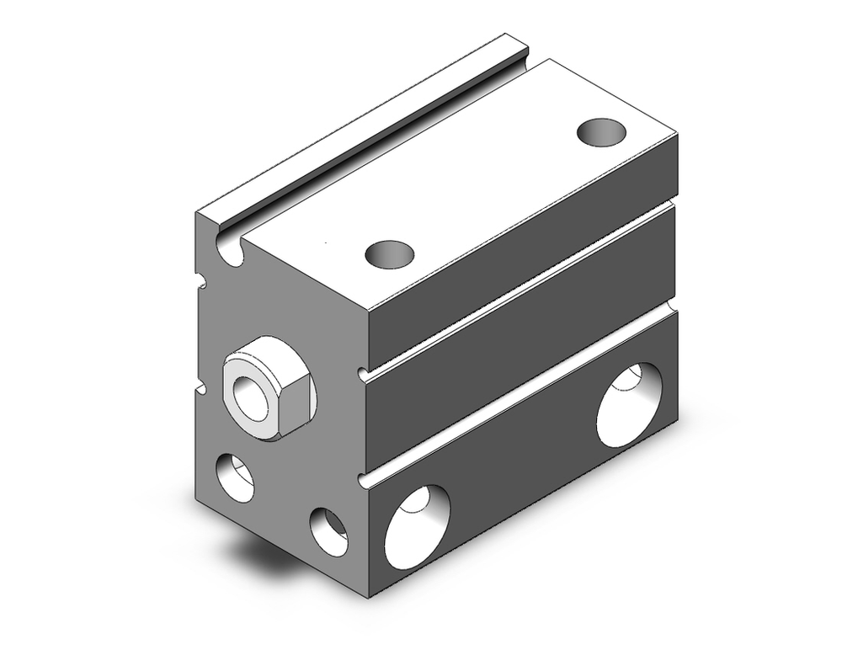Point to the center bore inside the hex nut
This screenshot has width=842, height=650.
tap(250, 392)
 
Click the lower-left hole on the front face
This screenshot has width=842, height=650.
tap(235, 478)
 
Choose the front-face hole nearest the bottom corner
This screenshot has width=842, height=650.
tap(328, 532)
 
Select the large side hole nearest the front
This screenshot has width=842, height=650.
tap(418, 527)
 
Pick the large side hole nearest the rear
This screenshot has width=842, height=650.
tap(629, 405)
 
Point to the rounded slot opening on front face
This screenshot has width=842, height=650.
tap(230, 248)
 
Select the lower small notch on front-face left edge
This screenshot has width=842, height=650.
tap(202, 388)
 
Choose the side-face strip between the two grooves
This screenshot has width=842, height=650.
tap(522, 337)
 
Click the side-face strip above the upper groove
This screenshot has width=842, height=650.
tap(522, 227)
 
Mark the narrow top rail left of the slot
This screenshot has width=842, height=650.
tap(354, 126)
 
